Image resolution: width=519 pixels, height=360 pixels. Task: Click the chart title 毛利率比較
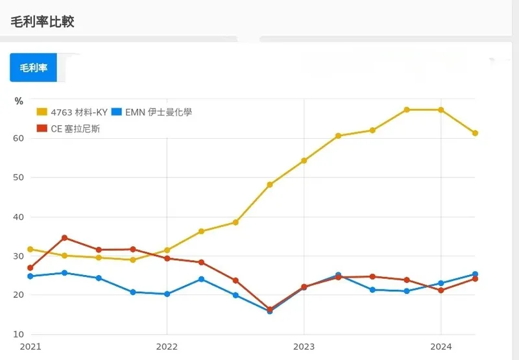coord(42,21)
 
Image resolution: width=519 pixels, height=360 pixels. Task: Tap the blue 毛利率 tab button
coord(33,67)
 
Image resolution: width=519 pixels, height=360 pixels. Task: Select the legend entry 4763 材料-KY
coord(72,112)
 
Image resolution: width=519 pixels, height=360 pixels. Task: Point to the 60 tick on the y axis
coord(19,138)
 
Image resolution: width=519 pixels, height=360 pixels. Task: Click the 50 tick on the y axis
coord(19,178)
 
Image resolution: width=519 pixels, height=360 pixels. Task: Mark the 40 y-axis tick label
coord(19,217)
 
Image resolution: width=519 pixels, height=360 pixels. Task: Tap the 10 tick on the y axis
coord(19,334)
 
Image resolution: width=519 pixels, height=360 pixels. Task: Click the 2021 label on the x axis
coord(30,347)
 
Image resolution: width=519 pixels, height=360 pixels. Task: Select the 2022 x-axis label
coord(167,347)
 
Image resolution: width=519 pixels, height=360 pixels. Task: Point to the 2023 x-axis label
coord(304,347)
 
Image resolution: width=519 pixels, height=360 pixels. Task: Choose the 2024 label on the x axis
coord(441,347)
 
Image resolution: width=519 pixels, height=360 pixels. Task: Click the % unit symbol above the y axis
coord(19,101)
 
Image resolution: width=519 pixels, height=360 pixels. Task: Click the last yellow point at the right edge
coord(476,133)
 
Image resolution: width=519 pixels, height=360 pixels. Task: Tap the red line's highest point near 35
coord(64,237)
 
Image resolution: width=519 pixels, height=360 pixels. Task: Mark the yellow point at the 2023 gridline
coord(304,160)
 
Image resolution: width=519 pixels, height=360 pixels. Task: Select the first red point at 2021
coord(30,268)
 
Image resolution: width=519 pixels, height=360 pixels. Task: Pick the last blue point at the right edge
coord(476,274)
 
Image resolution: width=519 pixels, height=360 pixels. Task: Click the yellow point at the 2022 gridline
coord(167,250)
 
